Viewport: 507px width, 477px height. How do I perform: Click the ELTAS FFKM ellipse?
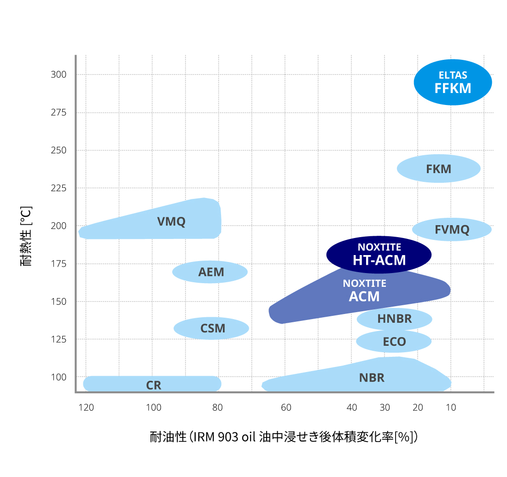453,82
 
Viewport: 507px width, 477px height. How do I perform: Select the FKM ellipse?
438,169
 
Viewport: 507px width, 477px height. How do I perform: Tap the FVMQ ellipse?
452,229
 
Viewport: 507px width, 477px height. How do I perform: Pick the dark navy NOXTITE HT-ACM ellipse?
379,255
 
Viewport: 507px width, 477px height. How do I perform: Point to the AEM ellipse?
210,272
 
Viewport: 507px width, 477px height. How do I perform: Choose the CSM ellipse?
211,328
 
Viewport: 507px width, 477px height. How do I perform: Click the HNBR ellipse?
394,319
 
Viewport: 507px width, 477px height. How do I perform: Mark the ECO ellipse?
394,342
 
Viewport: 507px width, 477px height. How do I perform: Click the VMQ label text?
171,221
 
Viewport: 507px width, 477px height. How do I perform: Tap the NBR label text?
372,378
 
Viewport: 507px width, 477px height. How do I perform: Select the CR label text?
154,385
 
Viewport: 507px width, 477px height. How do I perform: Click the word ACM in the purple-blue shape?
364,297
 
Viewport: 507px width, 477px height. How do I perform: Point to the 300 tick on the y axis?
58,75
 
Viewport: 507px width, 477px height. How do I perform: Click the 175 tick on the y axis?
58,264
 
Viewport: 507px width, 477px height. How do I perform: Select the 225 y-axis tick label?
58,188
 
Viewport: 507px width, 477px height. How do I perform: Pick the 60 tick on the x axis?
286,407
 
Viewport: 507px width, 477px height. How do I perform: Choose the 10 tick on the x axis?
451,407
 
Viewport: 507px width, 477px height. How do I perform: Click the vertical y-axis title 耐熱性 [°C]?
26,237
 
